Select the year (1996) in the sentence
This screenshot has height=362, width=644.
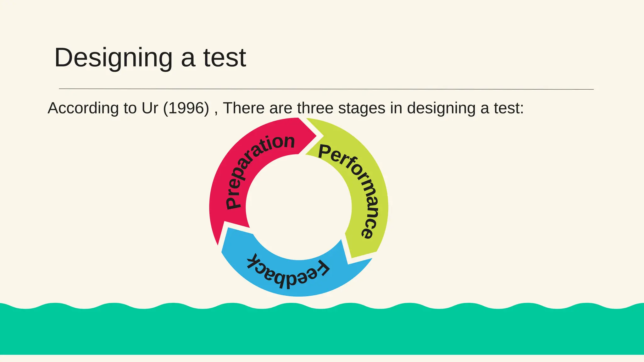click(186, 108)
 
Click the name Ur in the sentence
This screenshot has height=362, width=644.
click(150, 108)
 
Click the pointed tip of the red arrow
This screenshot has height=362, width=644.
click(316, 136)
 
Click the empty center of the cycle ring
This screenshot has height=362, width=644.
click(299, 207)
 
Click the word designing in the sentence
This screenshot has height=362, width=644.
click(441, 109)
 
